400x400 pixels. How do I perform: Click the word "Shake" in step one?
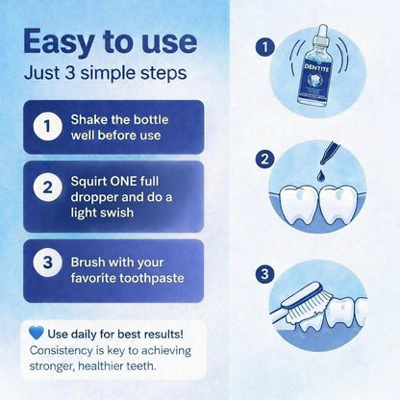(91, 119)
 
